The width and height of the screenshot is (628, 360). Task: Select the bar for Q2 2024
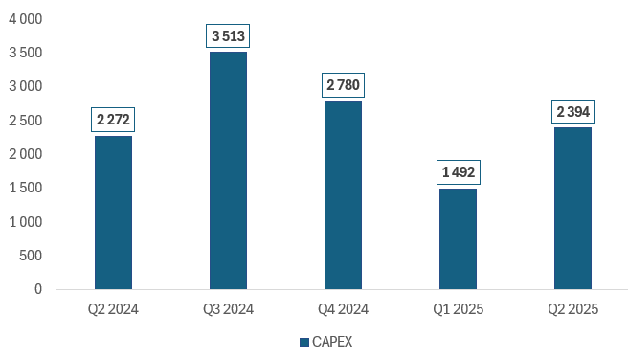click(x=113, y=212)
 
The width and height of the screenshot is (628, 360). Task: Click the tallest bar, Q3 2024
click(x=228, y=169)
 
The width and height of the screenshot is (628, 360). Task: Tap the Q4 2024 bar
click(x=343, y=194)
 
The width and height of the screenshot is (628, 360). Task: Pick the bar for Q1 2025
click(x=458, y=238)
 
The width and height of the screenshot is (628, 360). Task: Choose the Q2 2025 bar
click(x=572, y=208)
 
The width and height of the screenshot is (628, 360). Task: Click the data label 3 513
click(x=228, y=36)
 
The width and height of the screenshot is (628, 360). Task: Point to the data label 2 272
click(x=113, y=121)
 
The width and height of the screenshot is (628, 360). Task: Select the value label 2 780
click(x=343, y=86)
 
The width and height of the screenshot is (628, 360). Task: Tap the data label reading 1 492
click(x=458, y=173)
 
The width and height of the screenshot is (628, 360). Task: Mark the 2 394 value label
click(x=572, y=112)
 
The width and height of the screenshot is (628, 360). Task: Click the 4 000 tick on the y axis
click(x=26, y=19)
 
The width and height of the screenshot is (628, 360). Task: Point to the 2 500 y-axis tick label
click(x=26, y=121)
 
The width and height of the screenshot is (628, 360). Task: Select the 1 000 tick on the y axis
click(x=26, y=222)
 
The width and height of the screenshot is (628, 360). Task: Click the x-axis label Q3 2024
click(x=228, y=309)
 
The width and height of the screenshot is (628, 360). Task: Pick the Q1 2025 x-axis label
click(x=458, y=309)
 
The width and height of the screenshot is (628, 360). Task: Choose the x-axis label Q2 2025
click(x=572, y=309)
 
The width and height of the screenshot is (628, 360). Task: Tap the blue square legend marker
click(x=304, y=342)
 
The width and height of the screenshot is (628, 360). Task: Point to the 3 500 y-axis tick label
click(x=26, y=53)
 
